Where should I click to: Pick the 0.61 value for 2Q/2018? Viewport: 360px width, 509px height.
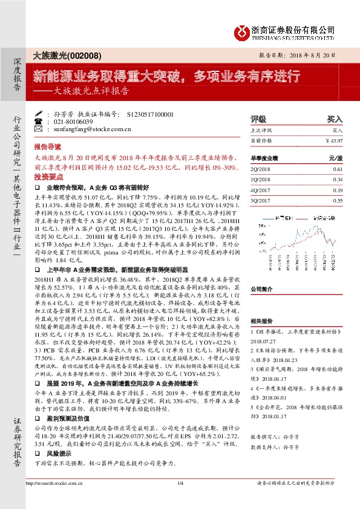tap(338, 170)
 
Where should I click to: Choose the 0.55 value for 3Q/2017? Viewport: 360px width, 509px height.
tap(338, 200)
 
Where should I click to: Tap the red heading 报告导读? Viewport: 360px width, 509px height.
tap(47, 147)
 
